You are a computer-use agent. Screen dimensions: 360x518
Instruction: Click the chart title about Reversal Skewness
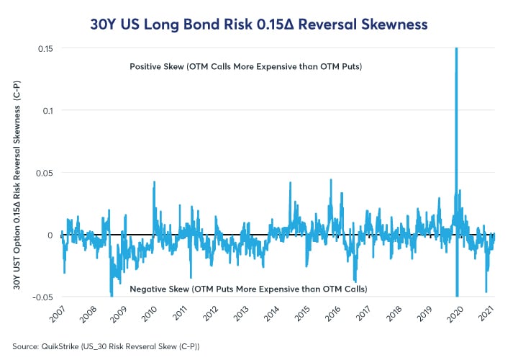click(259, 24)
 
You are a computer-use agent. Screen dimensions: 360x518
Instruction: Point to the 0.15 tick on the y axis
click(47, 48)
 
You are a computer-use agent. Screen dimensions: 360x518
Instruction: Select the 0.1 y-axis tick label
click(50, 110)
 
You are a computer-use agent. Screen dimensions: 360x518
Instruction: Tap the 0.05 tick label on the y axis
click(47, 173)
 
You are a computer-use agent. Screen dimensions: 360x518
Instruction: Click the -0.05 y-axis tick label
click(45, 297)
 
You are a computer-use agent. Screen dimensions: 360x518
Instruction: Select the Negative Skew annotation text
click(248, 289)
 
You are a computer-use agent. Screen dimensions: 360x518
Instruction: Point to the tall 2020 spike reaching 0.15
click(456, 86)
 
